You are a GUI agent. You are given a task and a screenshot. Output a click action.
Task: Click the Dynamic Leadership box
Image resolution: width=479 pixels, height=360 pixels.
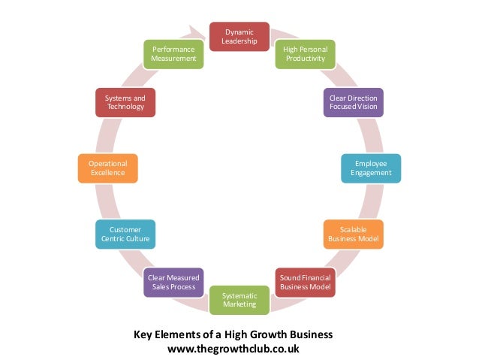coord(239,37)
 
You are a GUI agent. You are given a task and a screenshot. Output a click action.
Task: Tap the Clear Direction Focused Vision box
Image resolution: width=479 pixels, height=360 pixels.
coord(353,102)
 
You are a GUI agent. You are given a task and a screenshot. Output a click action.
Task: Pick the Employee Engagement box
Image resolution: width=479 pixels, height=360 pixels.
coord(371,168)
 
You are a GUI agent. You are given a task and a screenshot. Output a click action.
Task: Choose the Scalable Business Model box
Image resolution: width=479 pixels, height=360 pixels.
coord(354,234)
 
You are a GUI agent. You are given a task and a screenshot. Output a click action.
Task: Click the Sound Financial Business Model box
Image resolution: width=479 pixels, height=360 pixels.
coord(304,283)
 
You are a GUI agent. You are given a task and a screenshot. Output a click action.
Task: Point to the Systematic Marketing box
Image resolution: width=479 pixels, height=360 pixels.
coord(239,300)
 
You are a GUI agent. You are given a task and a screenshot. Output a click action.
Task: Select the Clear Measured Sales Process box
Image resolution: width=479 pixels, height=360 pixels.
coord(173,283)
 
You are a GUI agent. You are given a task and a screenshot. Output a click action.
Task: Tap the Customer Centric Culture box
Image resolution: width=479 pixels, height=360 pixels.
coord(125,234)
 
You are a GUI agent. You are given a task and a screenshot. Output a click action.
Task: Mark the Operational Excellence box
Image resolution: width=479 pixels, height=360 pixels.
coord(107,168)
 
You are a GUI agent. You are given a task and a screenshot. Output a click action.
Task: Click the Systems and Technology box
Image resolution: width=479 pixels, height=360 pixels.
coord(125,102)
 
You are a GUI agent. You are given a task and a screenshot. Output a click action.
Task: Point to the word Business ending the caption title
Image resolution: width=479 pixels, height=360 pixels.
coord(311,334)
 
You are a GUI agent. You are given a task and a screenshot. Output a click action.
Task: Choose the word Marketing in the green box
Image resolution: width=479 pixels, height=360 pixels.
coord(239,304)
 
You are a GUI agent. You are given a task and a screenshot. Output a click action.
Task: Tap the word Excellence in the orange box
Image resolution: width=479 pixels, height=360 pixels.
coord(107,174)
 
